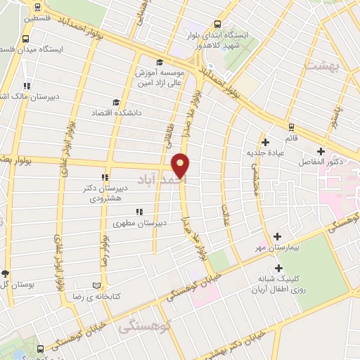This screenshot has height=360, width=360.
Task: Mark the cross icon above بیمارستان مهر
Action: pyautogui.click(x=278, y=237)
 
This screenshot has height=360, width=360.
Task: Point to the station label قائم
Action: pyautogui.click(x=291, y=138)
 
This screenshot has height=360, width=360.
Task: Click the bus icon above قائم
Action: pyautogui.click(x=291, y=127)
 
